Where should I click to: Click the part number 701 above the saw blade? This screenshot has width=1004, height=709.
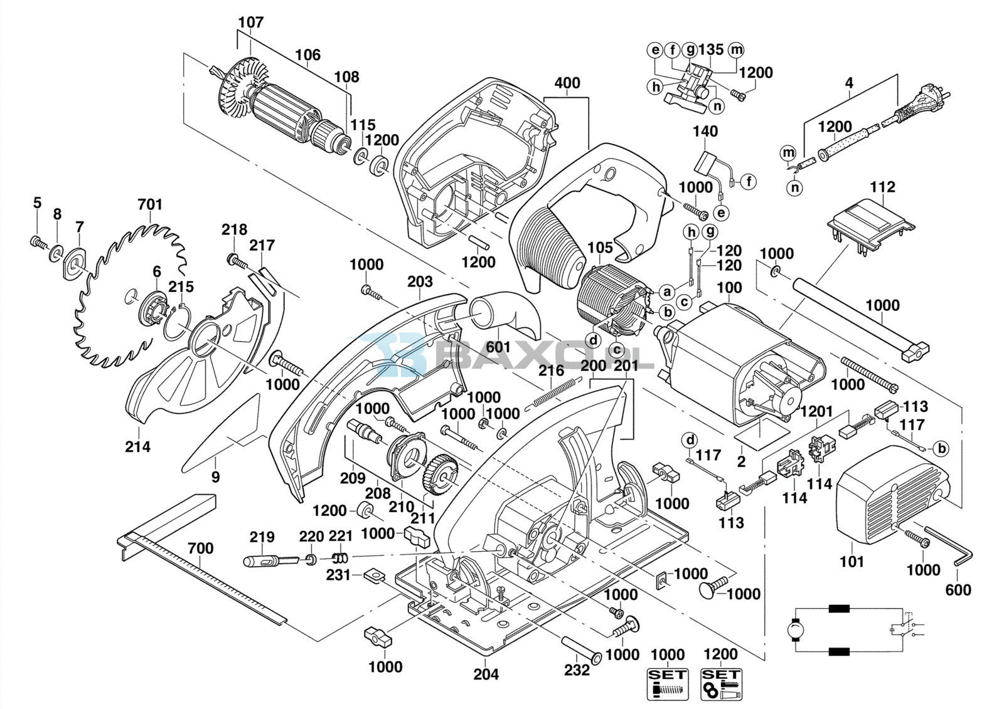[x=150, y=204]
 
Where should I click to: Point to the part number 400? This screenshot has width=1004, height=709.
[x=567, y=83]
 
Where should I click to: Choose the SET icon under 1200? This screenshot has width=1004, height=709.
[x=720, y=683]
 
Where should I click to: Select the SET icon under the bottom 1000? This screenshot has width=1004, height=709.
[x=667, y=683]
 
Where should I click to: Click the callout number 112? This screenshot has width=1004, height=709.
[x=882, y=187]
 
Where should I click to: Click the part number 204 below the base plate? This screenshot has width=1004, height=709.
[x=486, y=674]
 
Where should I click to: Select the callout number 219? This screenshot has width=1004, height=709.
[x=262, y=537]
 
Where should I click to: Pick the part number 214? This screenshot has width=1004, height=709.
[x=137, y=446]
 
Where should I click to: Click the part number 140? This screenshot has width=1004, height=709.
[x=705, y=132]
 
